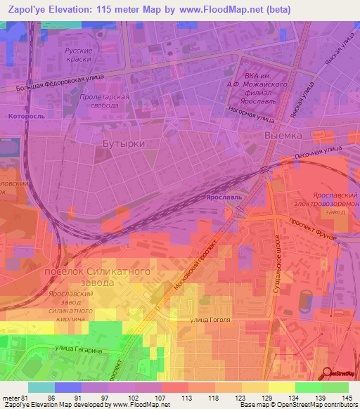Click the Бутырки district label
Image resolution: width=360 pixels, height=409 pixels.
124,143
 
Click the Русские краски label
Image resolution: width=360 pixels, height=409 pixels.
79,56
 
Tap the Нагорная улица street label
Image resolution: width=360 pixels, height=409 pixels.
251,110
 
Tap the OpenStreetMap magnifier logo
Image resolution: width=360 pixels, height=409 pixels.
328,373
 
